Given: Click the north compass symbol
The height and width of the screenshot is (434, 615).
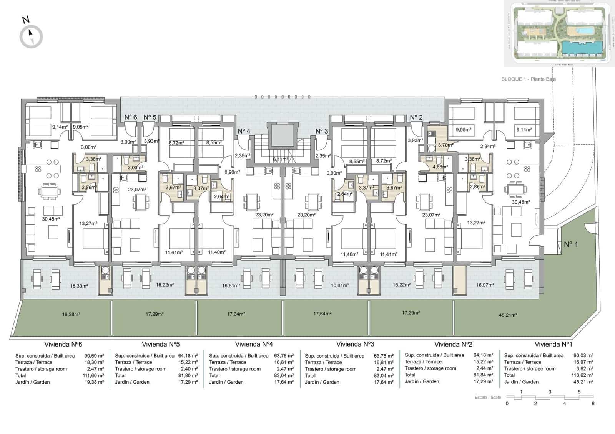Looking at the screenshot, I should tap(31, 36).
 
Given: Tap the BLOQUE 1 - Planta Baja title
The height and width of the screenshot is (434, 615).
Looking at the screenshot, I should tap(528, 79).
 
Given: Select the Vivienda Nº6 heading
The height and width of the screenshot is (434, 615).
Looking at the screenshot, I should tap(63, 344).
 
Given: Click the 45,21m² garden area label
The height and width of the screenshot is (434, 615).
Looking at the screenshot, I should tap(508, 315).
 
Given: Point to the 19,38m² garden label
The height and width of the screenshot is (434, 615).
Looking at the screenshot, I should tap(71, 314).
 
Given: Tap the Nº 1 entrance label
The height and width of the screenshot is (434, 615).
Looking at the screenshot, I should tap(571, 244).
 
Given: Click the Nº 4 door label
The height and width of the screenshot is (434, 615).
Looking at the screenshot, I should tap(244, 131).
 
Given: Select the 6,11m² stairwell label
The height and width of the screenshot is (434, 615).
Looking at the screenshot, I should tap(281, 159).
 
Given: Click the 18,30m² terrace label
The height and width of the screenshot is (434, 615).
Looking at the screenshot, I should tap(79, 286).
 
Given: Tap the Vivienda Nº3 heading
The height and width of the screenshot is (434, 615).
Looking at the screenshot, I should tap(355, 344).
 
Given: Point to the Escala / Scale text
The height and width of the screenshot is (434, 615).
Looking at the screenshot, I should tap(487, 397).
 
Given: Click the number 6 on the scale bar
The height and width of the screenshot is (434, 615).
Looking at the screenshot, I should tap(593, 403).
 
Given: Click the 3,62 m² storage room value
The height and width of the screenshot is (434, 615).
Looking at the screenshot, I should tap(584, 369).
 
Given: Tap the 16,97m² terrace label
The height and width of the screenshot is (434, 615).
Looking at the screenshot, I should tap(485, 285).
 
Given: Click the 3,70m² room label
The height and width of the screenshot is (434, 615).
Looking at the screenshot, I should tap(445, 145).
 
